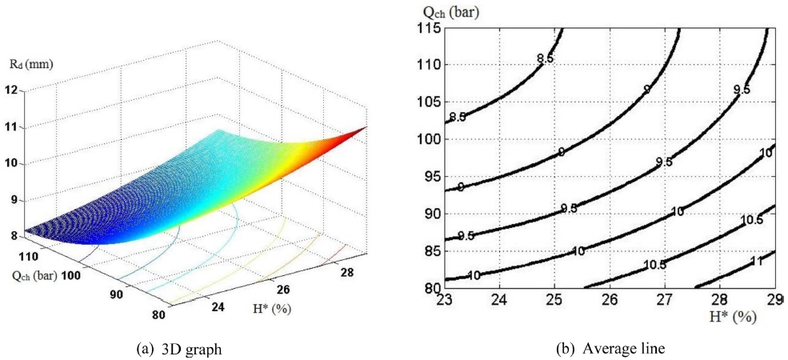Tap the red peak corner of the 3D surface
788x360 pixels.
coord(366,127)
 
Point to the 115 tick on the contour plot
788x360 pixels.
coord(431,29)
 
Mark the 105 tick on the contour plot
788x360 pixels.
coord(431,102)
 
